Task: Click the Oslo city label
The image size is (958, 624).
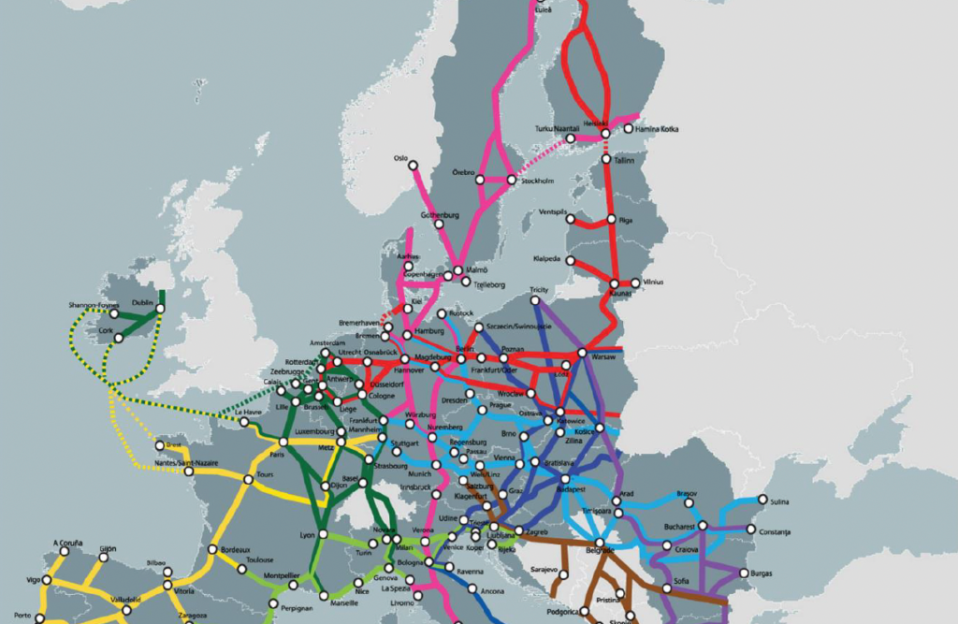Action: [401, 158]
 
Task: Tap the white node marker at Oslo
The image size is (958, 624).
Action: [414, 171]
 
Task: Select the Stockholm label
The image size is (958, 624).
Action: [538, 180]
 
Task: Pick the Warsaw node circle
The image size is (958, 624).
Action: [582, 354]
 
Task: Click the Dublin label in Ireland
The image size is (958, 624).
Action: [142, 303]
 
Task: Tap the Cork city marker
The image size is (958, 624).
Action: [119, 338]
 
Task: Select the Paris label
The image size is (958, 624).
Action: [276, 455]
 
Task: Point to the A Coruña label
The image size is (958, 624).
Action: [68, 542]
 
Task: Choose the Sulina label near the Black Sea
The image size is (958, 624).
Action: [782, 500]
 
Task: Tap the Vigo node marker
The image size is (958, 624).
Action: [47, 580]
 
